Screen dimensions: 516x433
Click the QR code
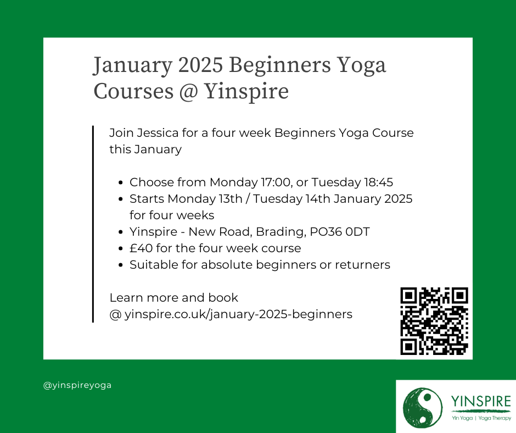(434, 321)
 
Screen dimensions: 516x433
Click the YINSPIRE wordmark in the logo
(481, 401)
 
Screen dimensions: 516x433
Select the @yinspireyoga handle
(77, 385)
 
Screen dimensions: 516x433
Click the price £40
(141, 248)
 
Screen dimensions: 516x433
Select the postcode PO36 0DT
(340, 232)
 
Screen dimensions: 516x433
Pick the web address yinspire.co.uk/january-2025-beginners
(238, 314)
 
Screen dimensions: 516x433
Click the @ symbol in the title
(189, 92)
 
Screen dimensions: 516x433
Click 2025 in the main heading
(201, 65)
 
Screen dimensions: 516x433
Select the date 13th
(231, 199)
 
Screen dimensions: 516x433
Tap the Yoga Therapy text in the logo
(495, 418)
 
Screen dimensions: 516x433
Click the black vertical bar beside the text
(93, 224)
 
